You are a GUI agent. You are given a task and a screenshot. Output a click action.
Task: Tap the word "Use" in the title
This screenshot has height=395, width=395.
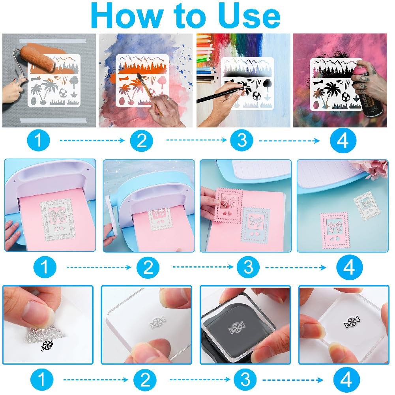pyautogui.click(x=249, y=16)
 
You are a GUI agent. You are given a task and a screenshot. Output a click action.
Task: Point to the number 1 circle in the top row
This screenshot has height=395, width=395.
pyautogui.click(x=38, y=140)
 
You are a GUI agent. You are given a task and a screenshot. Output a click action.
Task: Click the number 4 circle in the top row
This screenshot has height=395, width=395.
pyautogui.click(x=343, y=140)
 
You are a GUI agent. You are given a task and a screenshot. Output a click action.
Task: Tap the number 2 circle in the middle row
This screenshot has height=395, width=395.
pyautogui.click(x=148, y=267)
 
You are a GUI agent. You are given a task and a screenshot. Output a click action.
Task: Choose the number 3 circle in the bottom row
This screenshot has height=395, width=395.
pyautogui.click(x=245, y=379)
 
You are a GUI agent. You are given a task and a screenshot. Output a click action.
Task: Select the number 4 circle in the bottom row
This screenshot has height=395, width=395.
pyautogui.click(x=346, y=379)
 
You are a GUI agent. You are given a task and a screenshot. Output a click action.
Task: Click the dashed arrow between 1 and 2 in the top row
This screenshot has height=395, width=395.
pyautogui.click(x=92, y=140)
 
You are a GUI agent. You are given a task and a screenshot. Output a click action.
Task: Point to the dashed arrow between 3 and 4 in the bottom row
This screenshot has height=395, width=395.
pyautogui.click(x=293, y=380)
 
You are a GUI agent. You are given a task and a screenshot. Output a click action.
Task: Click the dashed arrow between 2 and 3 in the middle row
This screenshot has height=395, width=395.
pyautogui.click(x=203, y=267)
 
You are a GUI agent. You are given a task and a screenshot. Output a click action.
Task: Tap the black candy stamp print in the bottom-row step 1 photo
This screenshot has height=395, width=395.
pyautogui.click(x=47, y=345)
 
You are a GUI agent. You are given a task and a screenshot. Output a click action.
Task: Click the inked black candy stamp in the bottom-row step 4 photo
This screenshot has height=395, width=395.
pyautogui.click(x=352, y=322)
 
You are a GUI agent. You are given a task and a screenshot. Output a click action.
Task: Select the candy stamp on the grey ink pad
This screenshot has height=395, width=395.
pyautogui.click(x=236, y=328)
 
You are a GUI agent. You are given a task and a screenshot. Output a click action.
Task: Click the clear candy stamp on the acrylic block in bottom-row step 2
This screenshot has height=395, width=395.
pyautogui.click(x=158, y=322)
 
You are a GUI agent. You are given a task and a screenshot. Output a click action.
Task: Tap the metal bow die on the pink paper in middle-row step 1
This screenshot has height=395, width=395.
pyautogui.click(x=58, y=219)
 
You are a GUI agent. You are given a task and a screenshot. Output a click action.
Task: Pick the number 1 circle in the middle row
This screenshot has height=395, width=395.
pyautogui.click(x=45, y=267)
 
